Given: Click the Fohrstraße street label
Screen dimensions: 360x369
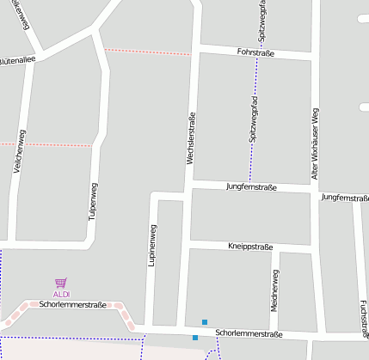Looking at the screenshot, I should click(255, 52).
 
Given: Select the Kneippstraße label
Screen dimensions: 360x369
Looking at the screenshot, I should click(249, 246).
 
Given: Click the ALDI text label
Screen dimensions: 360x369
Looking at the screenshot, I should click(61, 294).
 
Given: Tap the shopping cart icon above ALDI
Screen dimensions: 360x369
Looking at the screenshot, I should click(61, 282).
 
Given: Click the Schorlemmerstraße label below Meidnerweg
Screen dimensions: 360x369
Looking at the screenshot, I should click(249, 333).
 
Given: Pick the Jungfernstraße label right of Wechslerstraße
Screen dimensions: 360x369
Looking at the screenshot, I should click(251, 186).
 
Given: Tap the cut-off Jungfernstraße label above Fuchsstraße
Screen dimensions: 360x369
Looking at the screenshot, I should click(345, 198).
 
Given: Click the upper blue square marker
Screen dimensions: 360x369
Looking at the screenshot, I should click(204, 322).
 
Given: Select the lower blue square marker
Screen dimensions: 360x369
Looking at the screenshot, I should click(195, 338).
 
